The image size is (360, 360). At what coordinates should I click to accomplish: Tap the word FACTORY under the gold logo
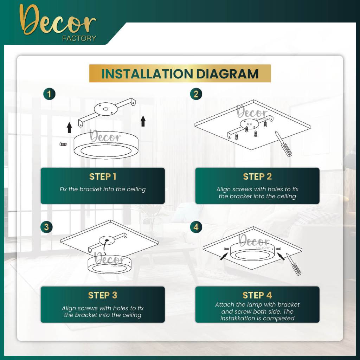click(x=79, y=38)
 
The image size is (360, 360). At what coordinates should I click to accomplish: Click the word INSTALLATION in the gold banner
click(x=147, y=74)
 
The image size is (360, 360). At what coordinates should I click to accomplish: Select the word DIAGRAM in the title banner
click(x=227, y=74)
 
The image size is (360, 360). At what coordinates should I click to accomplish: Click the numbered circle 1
click(x=49, y=94)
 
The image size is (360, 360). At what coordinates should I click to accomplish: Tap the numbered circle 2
click(x=196, y=94)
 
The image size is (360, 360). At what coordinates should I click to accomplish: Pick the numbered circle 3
click(x=47, y=227)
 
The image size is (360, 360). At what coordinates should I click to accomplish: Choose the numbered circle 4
click(x=196, y=227)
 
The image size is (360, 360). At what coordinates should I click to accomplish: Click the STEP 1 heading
click(x=103, y=176)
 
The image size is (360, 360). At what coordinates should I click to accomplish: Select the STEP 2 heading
click(x=257, y=176)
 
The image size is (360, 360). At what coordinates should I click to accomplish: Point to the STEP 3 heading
click(x=103, y=295)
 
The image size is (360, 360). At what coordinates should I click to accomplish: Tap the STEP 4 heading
click(x=257, y=295)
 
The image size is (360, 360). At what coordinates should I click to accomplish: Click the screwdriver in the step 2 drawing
click(x=283, y=144)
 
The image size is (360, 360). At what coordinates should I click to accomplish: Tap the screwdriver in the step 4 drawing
click(x=294, y=264)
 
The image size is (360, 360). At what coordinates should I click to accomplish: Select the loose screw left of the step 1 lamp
click(x=63, y=144)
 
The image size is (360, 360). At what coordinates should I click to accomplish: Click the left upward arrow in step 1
click(x=69, y=128)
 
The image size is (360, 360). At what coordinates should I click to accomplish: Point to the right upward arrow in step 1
click(x=143, y=121)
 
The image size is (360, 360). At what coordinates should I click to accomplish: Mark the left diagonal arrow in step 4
click(x=224, y=256)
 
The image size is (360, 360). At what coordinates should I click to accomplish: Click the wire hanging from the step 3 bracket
click(x=105, y=247)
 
